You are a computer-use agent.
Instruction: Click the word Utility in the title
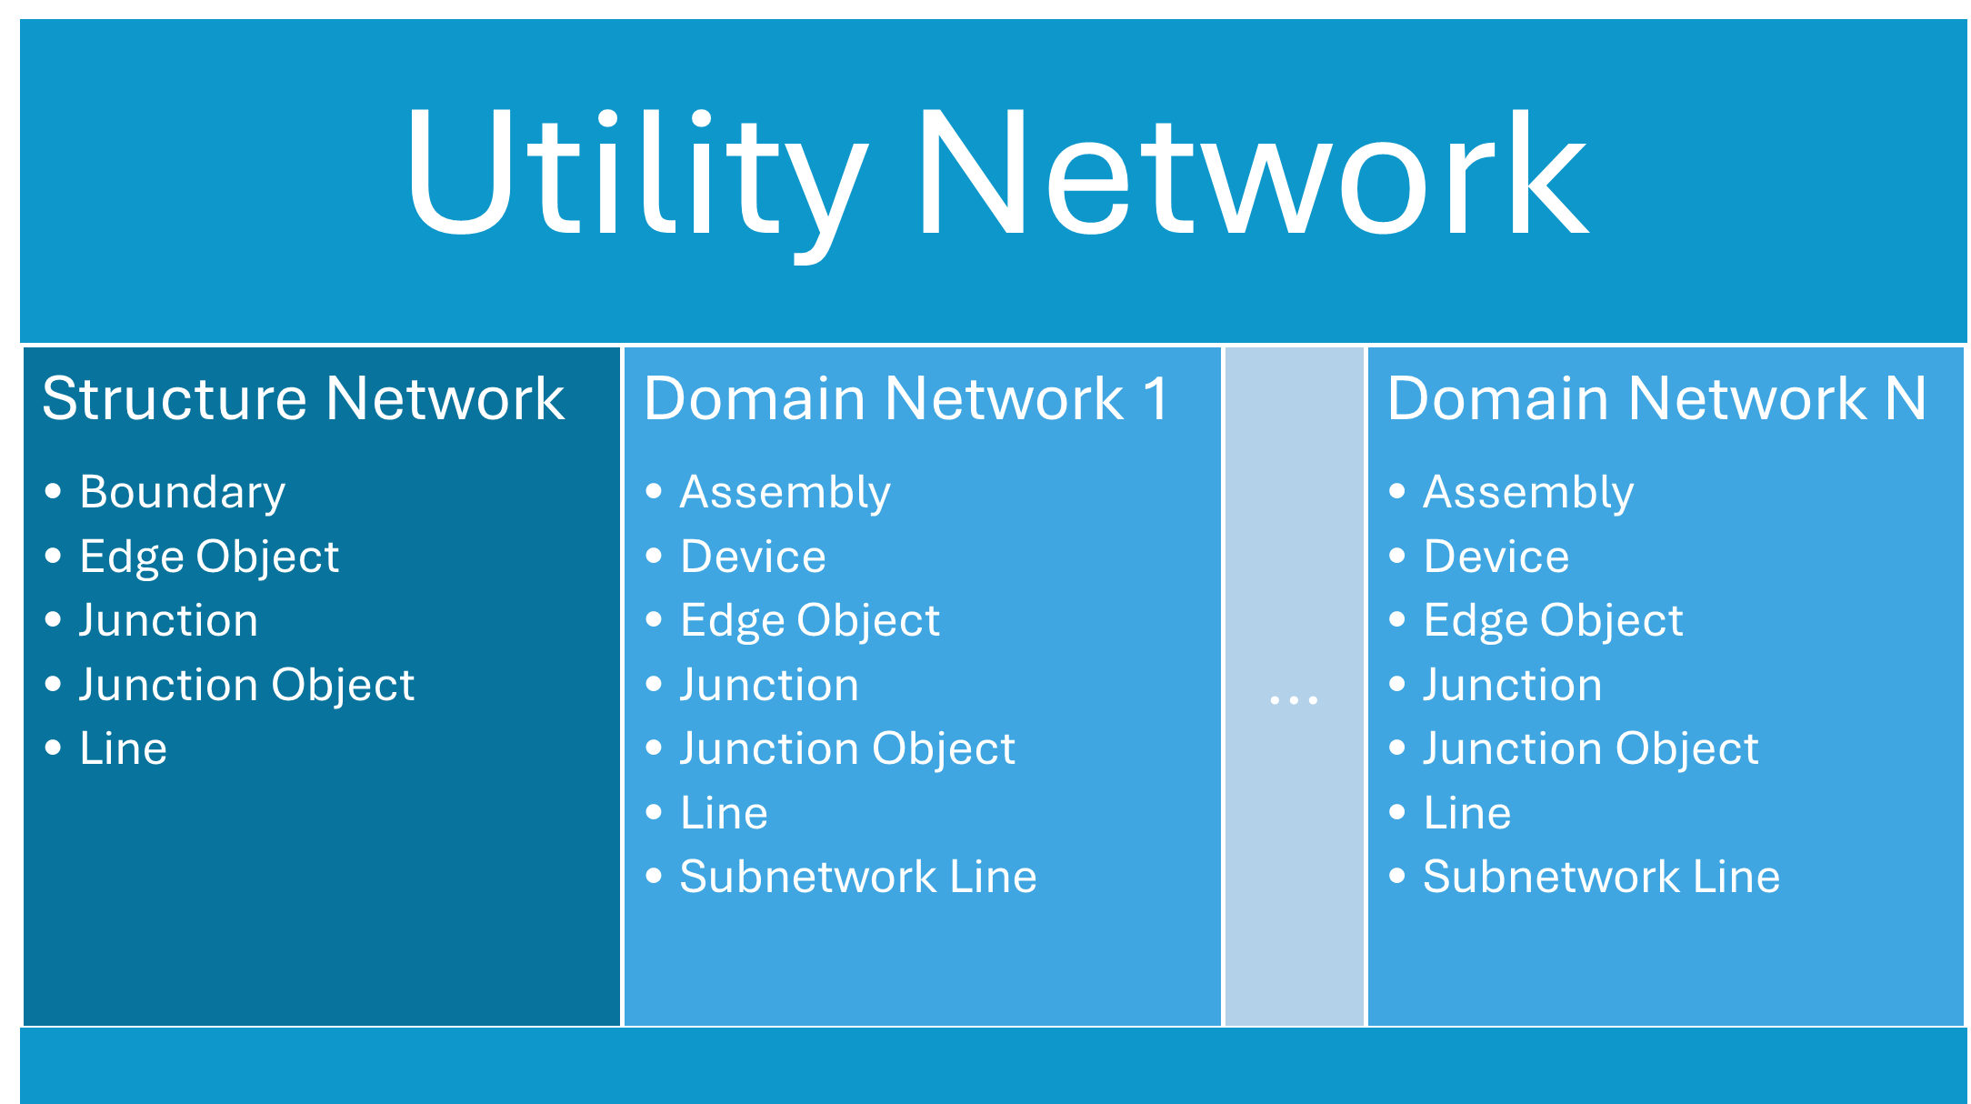pyautogui.click(x=636, y=173)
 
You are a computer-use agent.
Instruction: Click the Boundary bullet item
pyautogui.click(x=182, y=492)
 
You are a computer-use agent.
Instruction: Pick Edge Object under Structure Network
pyautogui.click(x=209, y=557)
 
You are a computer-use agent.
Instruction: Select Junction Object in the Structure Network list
pyautogui.click(x=246, y=685)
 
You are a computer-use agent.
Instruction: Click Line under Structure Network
pyautogui.click(x=123, y=748)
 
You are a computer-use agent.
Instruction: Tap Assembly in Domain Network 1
pyautogui.click(x=785, y=492)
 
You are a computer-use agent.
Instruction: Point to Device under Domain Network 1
pyautogui.click(x=753, y=557)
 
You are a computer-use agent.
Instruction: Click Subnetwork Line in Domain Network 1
pyautogui.click(x=857, y=877)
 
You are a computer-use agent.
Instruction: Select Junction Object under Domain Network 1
pyautogui.click(x=847, y=748)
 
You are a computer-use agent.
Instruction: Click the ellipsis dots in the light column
pyautogui.click(x=1293, y=699)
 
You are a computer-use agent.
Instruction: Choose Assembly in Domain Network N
pyautogui.click(x=1528, y=492)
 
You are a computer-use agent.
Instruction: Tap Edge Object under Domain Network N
pyautogui.click(x=1553, y=620)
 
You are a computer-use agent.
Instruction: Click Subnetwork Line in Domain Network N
pyautogui.click(x=1601, y=877)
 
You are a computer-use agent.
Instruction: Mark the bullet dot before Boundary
pyautogui.click(x=53, y=492)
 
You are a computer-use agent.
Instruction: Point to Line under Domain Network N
pyautogui.click(x=1466, y=813)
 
